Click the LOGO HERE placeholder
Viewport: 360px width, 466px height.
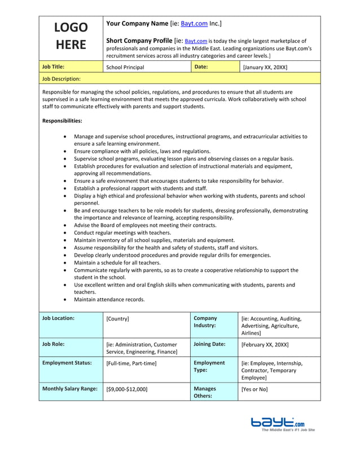point(71,36)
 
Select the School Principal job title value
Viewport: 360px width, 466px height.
point(125,67)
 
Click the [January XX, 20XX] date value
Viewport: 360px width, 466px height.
point(265,67)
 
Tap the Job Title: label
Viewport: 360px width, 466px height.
point(54,67)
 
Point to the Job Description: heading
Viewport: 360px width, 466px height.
point(62,79)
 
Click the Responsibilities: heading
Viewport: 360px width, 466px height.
point(62,121)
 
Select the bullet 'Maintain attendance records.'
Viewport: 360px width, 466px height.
point(109,300)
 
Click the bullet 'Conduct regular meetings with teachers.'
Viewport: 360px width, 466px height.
point(122,232)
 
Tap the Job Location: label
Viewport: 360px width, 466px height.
point(58,318)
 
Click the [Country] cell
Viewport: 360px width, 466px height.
point(117,319)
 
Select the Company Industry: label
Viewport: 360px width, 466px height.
point(205,322)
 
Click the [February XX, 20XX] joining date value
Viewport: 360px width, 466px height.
point(265,344)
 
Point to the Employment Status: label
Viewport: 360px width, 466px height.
point(67,363)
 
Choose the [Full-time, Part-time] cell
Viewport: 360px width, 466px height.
point(131,363)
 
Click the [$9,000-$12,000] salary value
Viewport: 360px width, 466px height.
point(127,389)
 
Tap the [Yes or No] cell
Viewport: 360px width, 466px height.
point(254,389)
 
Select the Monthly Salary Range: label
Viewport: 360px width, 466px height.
point(69,389)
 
